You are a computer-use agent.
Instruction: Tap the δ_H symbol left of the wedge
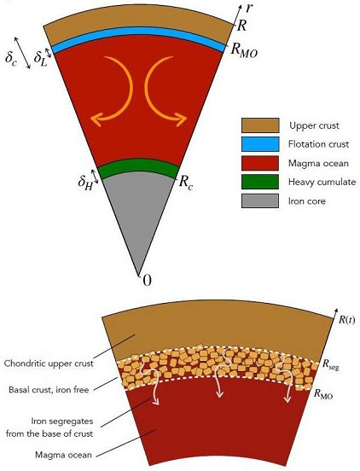click(x=84, y=181)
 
